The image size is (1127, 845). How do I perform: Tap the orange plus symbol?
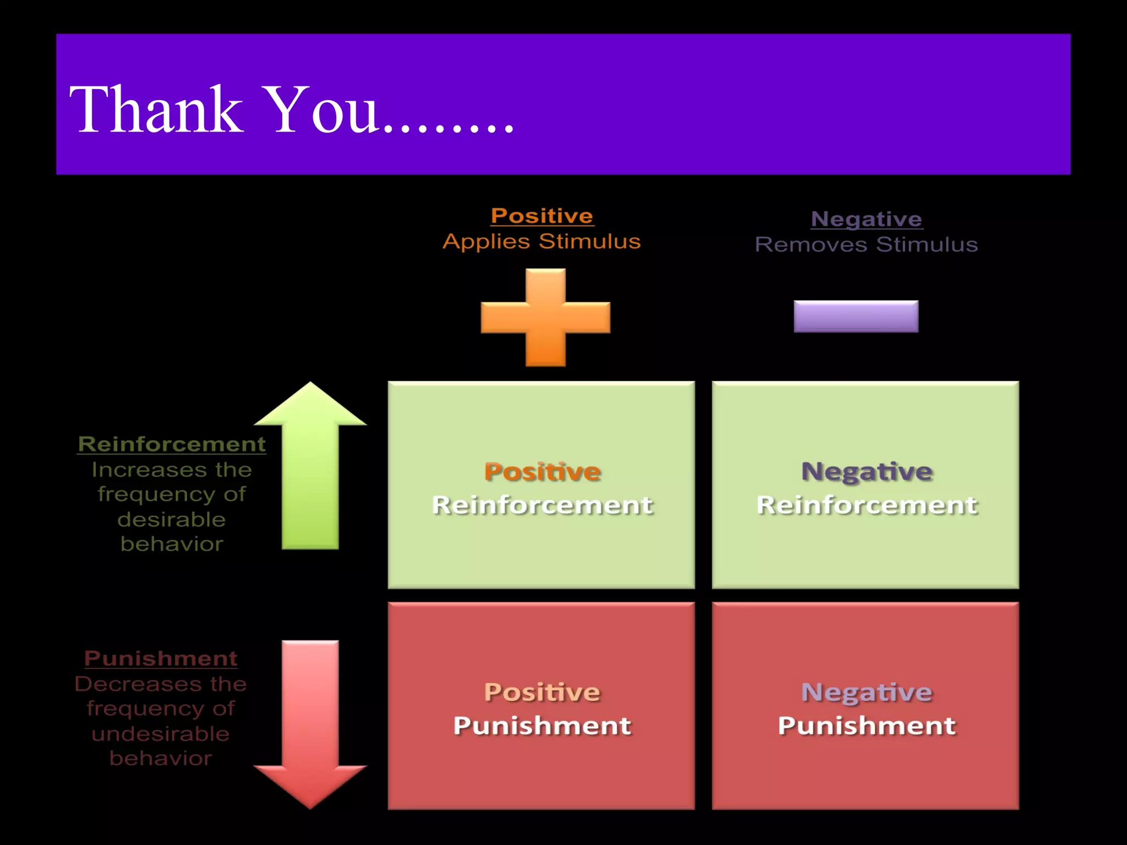545,317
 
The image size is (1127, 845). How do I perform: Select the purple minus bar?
856,316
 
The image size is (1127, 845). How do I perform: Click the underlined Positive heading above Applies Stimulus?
542,216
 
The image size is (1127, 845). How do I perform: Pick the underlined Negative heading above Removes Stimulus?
867,219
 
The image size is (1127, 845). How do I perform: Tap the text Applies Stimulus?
542,242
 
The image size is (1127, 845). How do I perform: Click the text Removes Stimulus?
867,244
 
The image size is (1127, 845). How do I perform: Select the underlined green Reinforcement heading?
172,444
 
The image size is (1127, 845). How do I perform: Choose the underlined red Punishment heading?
161,659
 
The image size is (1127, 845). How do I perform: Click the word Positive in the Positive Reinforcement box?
542,472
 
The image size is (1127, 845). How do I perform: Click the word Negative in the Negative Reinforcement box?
867,472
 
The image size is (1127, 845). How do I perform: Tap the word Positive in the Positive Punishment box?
542,693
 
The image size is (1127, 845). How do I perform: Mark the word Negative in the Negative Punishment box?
867,693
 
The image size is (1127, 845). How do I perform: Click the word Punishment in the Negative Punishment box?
867,726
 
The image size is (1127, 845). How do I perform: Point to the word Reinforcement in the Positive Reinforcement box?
542,505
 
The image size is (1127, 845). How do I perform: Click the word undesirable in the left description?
161,734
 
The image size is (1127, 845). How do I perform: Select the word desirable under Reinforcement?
172,519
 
